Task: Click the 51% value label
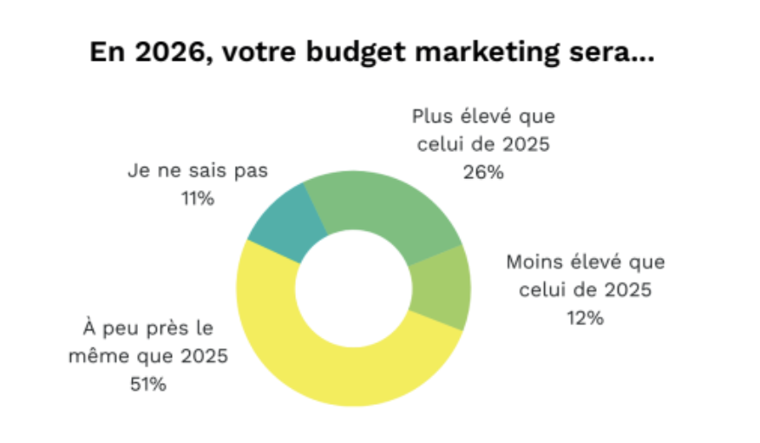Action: [x=148, y=383]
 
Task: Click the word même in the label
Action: [x=111, y=355]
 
